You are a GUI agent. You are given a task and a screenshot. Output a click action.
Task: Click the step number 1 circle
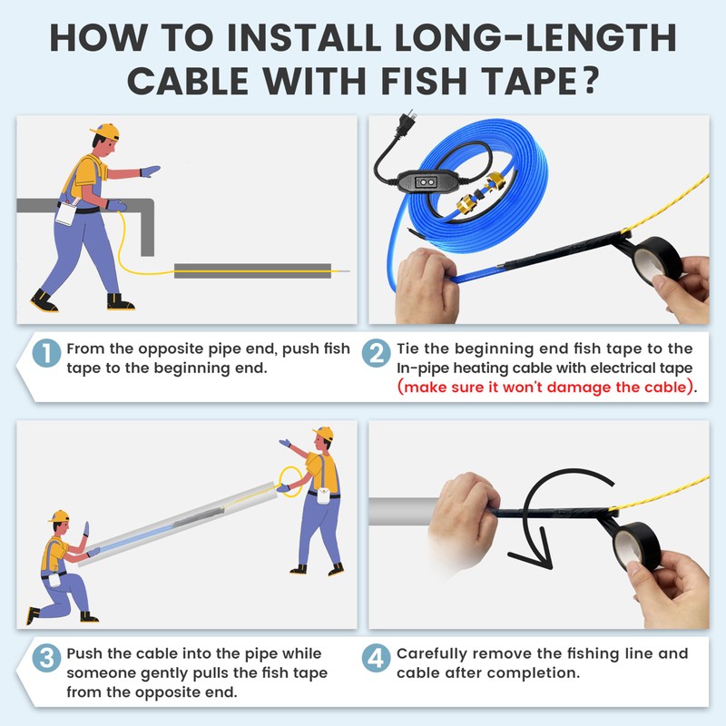pyautogui.click(x=47, y=353)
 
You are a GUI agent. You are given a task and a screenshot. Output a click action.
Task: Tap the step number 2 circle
pyautogui.click(x=376, y=353)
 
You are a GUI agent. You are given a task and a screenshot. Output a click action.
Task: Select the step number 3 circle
pyautogui.click(x=47, y=658)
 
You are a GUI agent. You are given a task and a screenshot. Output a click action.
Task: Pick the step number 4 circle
pyautogui.click(x=376, y=658)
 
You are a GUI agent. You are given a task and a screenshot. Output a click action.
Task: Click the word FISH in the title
pyautogui.click(x=424, y=81)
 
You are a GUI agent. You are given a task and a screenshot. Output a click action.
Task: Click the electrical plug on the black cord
pyautogui.click(x=404, y=125)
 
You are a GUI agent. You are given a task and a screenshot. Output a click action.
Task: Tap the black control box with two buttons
pyautogui.click(x=424, y=181)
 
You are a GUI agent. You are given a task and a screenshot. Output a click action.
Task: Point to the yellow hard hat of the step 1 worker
pyautogui.click(x=105, y=132)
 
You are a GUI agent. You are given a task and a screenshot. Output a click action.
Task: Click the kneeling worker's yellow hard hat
pyautogui.click(x=59, y=516)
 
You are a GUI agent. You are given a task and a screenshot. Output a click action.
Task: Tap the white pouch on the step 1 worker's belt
pyautogui.click(x=65, y=213)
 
